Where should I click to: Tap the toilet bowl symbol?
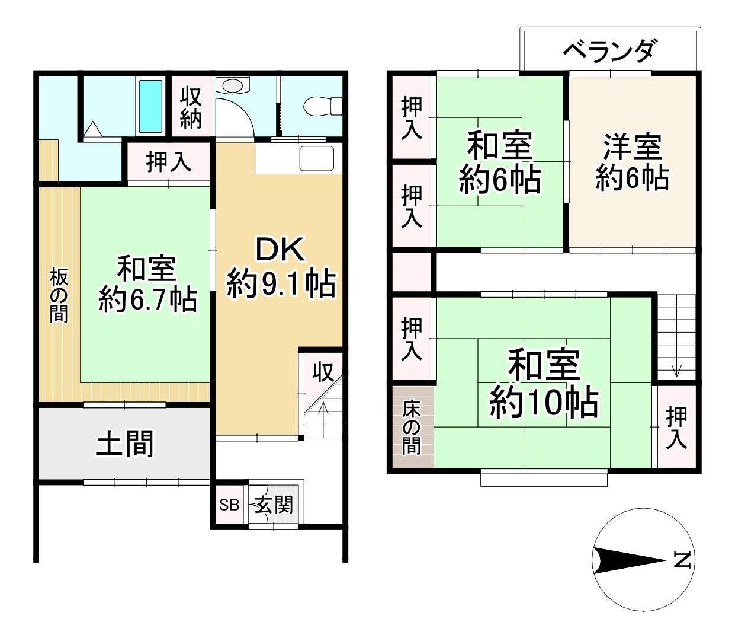(322, 107)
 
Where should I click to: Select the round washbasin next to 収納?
(233, 86)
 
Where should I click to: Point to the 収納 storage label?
(191, 107)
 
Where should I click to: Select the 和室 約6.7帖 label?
(147, 283)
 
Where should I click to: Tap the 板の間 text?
(59, 295)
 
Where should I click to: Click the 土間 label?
(125, 444)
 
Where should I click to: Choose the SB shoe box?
(229, 505)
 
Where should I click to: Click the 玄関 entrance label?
(275, 505)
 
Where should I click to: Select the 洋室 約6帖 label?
(632, 162)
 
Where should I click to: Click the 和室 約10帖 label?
(544, 384)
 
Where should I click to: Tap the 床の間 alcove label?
(412, 428)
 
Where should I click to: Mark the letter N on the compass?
(682, 560)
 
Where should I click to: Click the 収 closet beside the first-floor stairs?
(323, 372)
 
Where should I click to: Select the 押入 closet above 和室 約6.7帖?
(169, 161)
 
